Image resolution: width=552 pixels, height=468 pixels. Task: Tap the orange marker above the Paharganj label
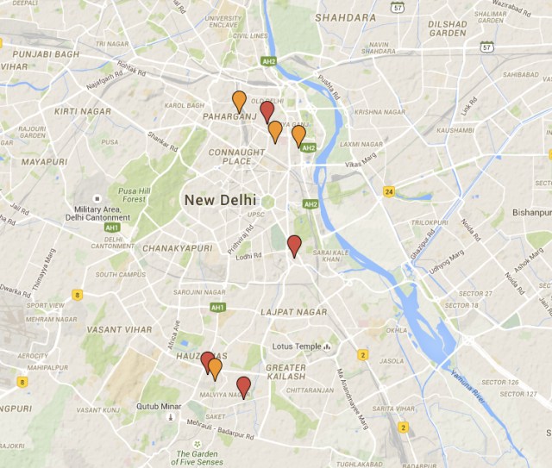(239, 101)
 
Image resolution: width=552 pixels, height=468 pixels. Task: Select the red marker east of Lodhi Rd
(294, 245)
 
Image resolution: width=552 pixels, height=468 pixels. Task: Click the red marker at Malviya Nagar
(244, 386)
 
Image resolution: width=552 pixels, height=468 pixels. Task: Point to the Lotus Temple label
(296, 347)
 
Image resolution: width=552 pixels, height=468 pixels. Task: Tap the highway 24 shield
(390, 191)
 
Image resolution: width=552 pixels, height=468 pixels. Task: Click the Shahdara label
(346, 17)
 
